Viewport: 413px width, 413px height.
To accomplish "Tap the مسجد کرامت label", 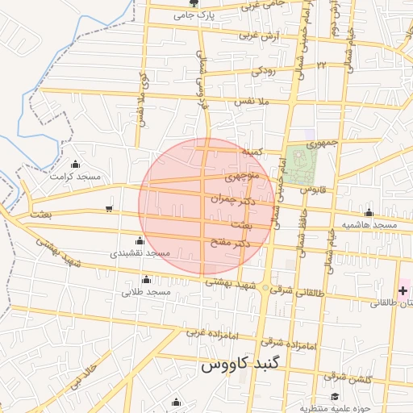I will [75, 175].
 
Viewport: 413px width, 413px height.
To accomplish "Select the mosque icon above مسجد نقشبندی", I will [140, 240].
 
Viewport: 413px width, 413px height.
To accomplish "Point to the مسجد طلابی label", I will [146, 292].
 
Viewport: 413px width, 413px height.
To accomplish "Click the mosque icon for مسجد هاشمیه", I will [369, 213].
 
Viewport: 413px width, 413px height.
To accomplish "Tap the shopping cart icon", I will [109, 210].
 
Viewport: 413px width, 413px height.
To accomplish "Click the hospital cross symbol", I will [403, 290].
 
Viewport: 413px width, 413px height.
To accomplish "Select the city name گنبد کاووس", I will [239, 365].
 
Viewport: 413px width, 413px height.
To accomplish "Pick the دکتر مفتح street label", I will [232, 242].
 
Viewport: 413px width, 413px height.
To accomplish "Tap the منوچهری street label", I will [244, 175].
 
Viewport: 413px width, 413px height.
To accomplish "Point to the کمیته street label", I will [252, 151].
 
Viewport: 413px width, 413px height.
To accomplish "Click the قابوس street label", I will [312, 190].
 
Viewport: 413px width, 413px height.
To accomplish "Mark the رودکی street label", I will [263, 71].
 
